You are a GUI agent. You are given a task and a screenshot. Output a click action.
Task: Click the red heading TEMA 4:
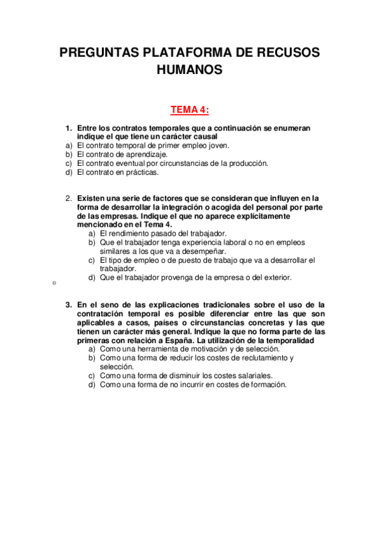coord(189,110)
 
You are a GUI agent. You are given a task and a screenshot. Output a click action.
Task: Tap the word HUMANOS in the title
coord(189,70)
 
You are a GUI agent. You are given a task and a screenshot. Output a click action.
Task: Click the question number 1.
coord(69,127)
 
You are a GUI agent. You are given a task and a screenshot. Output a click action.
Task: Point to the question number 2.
coord(69,198)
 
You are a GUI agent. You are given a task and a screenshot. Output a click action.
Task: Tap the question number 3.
coord(69,304)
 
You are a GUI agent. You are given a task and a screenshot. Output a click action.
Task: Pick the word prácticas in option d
coord(141,172)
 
